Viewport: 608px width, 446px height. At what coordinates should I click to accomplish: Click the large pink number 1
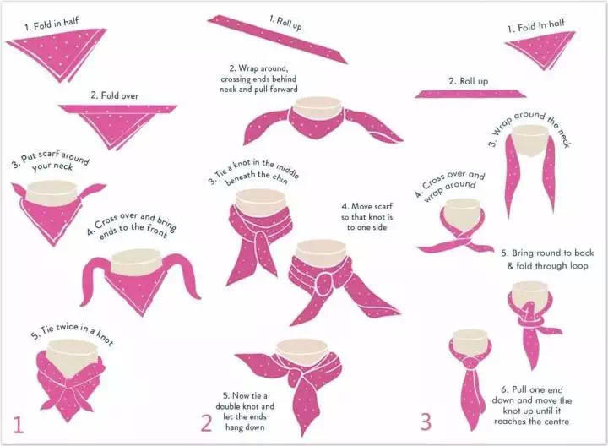(19, 424)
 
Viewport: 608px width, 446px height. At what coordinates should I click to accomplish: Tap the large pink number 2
(206, 423)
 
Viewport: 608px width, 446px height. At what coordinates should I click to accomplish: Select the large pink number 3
(426, 422)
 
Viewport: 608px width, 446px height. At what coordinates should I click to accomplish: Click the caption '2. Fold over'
(114, 95)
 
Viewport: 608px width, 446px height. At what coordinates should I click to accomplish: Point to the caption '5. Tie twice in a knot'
(72, 334)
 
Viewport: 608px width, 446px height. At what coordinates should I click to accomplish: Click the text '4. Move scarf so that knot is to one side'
(366, 217)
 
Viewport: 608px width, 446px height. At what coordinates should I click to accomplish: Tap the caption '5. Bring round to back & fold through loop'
(547, 259)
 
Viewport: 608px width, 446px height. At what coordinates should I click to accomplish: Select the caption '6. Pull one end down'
(531, 394)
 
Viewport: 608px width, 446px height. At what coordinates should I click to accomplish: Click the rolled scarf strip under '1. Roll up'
(277, 39)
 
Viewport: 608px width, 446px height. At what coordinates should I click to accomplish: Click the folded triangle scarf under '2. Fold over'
(118, 125)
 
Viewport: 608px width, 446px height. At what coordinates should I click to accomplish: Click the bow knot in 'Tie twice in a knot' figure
(70, 384)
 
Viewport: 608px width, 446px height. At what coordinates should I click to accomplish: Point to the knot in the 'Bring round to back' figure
(529, 318)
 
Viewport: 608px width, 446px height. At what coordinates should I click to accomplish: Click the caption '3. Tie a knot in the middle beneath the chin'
(253, 171)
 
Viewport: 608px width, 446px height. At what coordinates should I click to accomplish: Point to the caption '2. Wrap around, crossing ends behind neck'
(258, 79)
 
